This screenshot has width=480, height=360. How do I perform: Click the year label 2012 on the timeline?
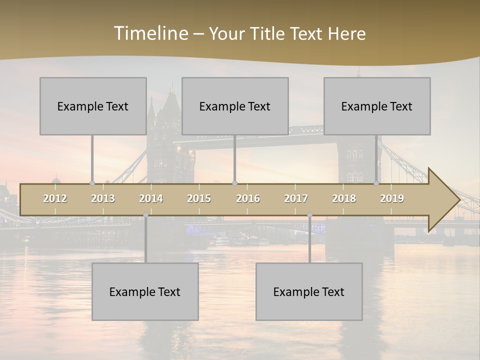tap(55, 198)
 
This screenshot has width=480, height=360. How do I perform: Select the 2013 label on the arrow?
tap(103, 198)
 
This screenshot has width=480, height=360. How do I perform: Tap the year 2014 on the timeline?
tap(151, 198)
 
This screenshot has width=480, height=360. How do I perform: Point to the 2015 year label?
tap(199, 198)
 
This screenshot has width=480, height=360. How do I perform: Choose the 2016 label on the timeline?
tap(248, 198)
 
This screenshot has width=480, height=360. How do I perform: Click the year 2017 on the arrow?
tap(296, 198)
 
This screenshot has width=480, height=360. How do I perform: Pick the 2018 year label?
tap(344, 198)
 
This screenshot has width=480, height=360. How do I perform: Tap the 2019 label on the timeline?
tap(392, 198)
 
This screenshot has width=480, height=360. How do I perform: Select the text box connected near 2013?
tap(93, 106)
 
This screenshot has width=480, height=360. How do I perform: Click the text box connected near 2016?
tap(235, 106)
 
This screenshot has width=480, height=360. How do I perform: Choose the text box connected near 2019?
tap(377, 106)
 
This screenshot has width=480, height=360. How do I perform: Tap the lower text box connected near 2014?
tap(145, 291)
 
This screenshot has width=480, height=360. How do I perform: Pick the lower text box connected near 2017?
tap(309, 291)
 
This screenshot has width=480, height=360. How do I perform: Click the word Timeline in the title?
tap(150, 33)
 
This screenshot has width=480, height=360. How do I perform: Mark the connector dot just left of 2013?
tap(92, 183)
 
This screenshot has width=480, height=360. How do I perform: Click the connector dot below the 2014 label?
tap(145, 215)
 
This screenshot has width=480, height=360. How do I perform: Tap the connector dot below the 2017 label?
tap(309, 215)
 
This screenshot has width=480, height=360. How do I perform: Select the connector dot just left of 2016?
tap(234, 183)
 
